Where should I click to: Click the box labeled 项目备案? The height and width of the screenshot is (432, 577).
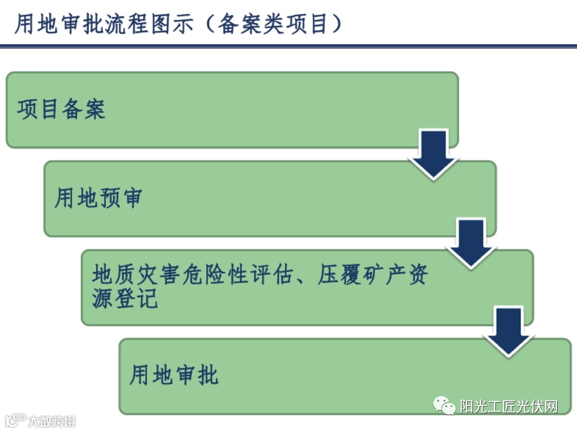point(232,110)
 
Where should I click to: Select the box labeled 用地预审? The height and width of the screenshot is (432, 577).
point(270,198)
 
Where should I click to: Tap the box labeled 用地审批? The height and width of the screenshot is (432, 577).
point(345,376)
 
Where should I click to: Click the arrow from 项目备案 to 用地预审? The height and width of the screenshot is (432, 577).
point(434,153)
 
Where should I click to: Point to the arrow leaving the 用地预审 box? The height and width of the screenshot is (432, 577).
point(471,243)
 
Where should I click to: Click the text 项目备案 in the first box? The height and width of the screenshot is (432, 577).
point(61,110)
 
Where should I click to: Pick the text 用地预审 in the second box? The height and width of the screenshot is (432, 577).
point(98,198)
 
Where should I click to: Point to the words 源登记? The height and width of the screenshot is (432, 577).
point(125,299)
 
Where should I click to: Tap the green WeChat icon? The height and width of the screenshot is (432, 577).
point(444,406)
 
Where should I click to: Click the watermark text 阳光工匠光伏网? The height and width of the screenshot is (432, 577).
point(509,406)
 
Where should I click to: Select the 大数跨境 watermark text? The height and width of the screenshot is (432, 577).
point(52,421)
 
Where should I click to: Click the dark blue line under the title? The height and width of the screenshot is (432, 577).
point(288,46)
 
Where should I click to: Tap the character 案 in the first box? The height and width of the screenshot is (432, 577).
point(95,110)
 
